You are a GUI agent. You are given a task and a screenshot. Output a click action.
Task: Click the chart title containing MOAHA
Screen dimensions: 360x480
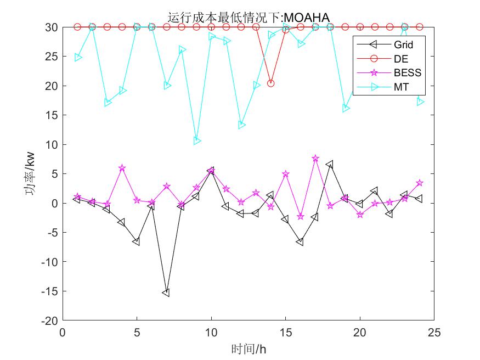click(x=249, y=17)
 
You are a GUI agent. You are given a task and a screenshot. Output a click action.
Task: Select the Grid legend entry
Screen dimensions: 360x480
click(x=403, y=44)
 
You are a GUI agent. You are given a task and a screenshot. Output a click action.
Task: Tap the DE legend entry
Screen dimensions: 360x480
click(x=401, y=59)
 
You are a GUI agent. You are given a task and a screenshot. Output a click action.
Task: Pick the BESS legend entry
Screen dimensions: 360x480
click(x=406, y=72)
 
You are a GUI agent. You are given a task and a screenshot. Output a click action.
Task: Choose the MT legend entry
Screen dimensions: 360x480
click(x=401, y=87)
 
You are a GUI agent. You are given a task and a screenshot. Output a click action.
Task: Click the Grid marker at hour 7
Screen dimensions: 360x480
click(x=166, y=293)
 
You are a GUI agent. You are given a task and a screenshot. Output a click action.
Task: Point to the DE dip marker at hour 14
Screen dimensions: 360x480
click(x=270, y=83)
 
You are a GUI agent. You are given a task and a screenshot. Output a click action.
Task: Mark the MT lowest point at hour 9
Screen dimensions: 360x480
click(x=196, y=141)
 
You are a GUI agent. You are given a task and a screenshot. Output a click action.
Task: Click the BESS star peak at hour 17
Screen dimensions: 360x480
click(x=315, y=158)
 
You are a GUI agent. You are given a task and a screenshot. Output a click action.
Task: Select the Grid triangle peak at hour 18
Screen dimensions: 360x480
click(x=330, y=164)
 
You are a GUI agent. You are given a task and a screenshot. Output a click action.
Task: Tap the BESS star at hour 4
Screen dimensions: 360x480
click(x=122, y=168)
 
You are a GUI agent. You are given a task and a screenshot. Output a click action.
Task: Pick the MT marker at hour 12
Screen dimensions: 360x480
click(x=241, y=125)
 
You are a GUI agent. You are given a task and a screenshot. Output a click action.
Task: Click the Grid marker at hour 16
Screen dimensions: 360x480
click(x=300, y=241)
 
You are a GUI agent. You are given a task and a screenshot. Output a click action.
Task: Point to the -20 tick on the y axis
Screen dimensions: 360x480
click(x=52, y=320)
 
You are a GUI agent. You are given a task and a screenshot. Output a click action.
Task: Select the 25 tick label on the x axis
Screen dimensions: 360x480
click(x=434, y=333)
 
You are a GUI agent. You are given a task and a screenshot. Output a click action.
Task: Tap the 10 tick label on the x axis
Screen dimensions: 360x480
click(x=211, y=333)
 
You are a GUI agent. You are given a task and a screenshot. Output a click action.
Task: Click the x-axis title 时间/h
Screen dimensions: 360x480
click(x=249, y=348)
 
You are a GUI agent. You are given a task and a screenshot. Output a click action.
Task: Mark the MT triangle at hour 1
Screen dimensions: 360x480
click(x=78, y=57)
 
